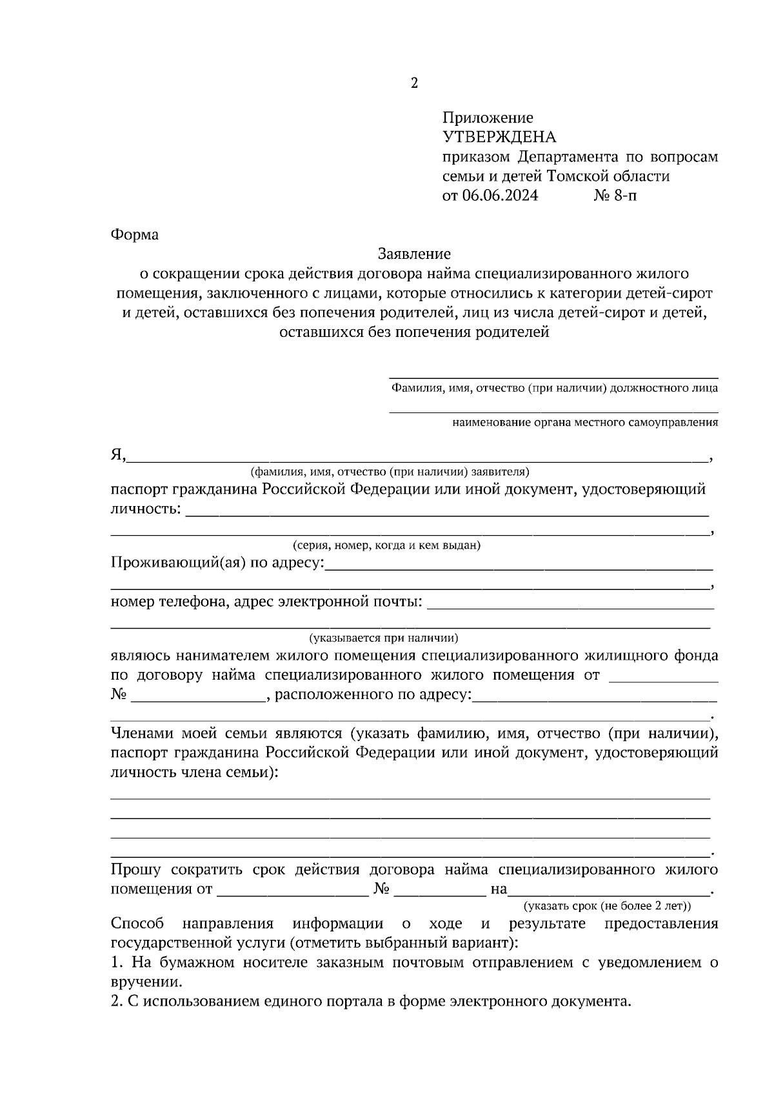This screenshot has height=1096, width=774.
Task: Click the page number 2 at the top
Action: (413, 83)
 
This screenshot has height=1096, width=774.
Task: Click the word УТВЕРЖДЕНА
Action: (499, 137)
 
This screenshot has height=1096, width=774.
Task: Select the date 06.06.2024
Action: (500, 196)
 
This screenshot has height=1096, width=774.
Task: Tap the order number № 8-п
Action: (614, 196)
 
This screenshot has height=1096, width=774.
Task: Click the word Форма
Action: (135, 234)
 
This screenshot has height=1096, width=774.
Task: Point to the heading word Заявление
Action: (414, 254)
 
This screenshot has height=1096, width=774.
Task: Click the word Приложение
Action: (488, 117)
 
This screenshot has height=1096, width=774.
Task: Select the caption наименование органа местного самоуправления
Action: (585, 423)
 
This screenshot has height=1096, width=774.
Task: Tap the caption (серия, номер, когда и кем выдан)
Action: (386, 545)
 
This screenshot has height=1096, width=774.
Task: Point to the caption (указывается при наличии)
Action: (384, 638)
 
